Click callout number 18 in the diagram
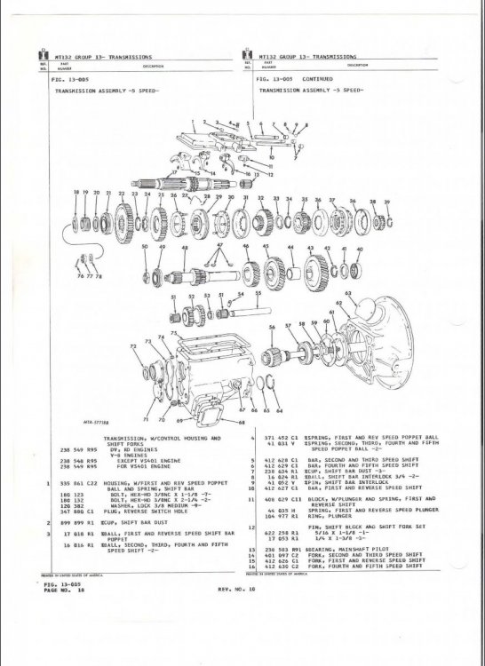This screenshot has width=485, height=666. click(76, 192)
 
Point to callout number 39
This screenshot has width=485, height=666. click(386, 202)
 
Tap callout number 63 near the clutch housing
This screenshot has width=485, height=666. click(348, 291)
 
